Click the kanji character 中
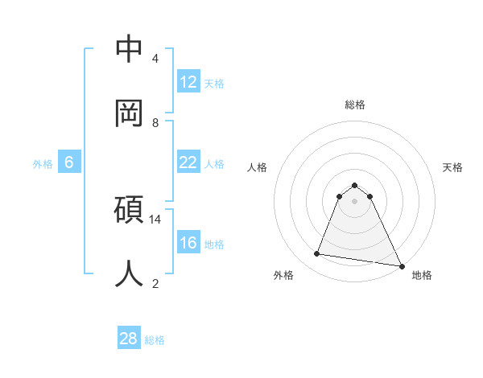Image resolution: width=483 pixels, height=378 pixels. [x=129, y=49]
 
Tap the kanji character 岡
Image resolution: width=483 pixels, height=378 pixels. [x=129, y=112]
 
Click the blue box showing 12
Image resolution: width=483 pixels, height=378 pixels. [x=188, y=81]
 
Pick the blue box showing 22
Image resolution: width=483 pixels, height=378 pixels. [x=188, y=162]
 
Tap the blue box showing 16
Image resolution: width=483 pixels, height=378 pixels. [x=188, y=243]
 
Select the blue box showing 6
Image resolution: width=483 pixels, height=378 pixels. [x=69, y=162]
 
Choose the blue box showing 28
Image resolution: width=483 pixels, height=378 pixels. [x=129, y=339]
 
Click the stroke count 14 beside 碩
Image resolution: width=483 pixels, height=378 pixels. [x=155, y=219]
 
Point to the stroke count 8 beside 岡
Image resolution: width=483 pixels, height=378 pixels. [x=155, y=122]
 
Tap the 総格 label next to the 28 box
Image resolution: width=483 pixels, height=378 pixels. [x=155, y=340]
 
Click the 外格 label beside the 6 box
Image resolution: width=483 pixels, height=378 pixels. [x=43, y=163]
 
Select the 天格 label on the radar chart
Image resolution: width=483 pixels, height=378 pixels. [x=452, y=167]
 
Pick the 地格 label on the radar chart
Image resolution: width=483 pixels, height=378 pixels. [x=422, y=275]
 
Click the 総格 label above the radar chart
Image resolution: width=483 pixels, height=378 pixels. [x=355, y=105]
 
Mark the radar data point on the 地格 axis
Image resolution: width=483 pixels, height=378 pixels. [x=401, y=265]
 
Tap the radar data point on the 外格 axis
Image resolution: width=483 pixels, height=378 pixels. [x=317, y=254]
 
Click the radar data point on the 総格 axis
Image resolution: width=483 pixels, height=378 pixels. [x=355, y=184]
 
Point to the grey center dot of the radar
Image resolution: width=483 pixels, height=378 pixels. [x=355, y=200]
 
